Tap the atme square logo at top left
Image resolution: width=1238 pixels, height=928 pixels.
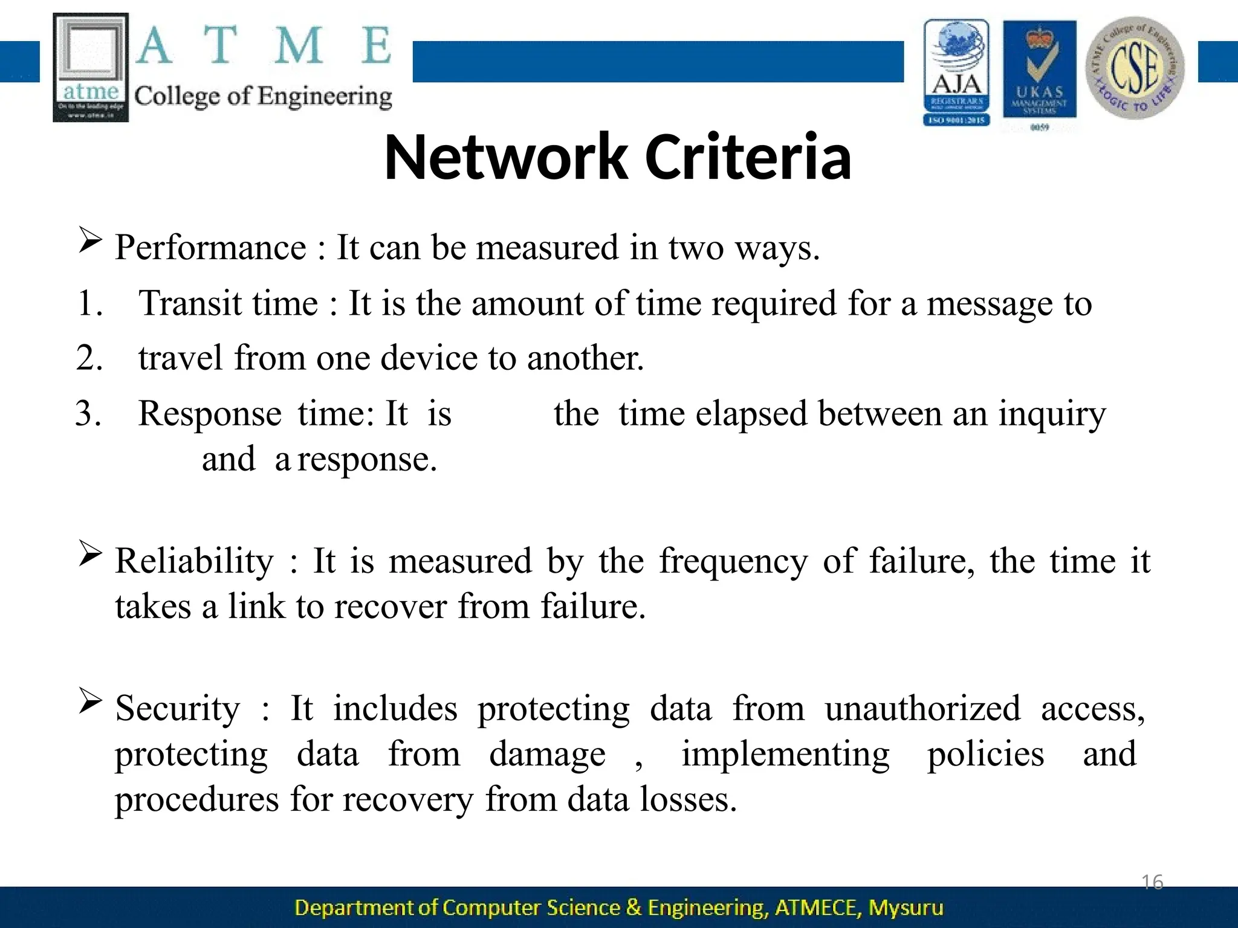pyautogui.click(x=91, y=67)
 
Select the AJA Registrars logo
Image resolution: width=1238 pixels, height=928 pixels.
pyautogui.click(x=956, y=72)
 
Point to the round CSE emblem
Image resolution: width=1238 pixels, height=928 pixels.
pyautogui.click(x=1135, y=68)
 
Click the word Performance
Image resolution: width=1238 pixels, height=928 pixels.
pyautogui.click(x=211, y=248)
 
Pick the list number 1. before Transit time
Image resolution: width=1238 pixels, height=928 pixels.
pyautogui.click(x=89, y=303)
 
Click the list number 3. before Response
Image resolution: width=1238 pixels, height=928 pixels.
pyautogui.click(x=88, y=414)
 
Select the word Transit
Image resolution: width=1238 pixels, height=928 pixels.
pyautogui.click(x=228, y=303)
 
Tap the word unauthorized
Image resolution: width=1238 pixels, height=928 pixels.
pyautogui.click(x=922, y=709)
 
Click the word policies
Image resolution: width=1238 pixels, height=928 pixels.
pyautogui.click(x=985, y=755)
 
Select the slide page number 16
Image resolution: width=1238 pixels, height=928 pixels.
pyautogui.click(x=1152, y=882)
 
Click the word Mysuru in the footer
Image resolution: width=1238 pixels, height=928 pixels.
pyautogui.click(x=906, y=907)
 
